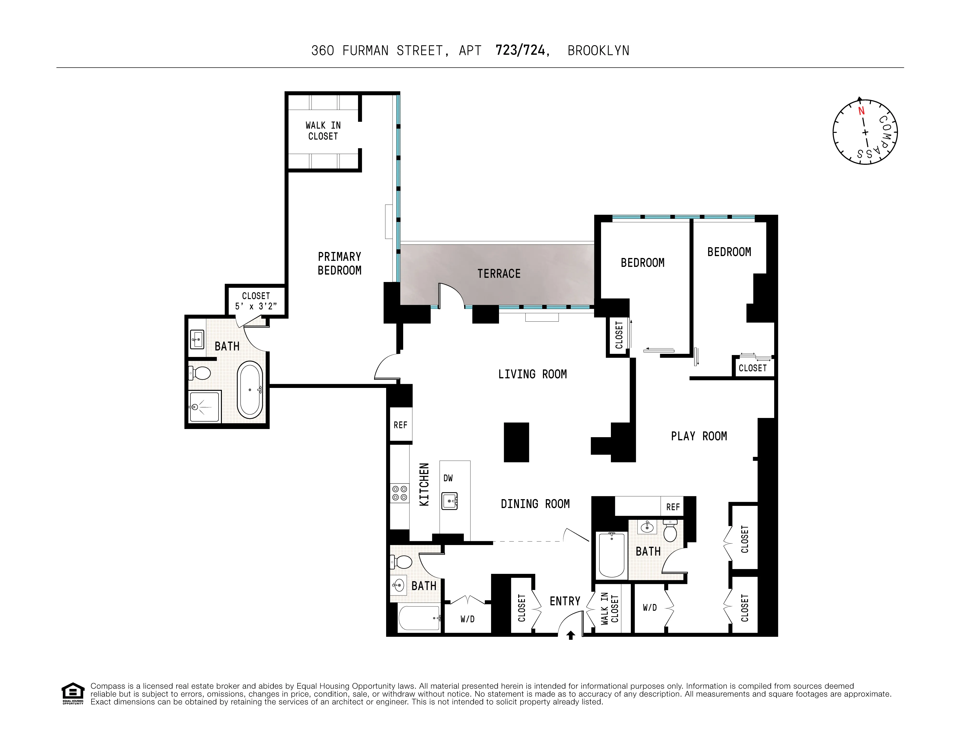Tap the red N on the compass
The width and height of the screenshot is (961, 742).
point(861,111)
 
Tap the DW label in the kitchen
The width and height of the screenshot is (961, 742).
point(448,478)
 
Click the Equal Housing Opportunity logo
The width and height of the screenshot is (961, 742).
point(73,693)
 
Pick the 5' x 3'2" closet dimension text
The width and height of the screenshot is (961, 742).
point(256,306)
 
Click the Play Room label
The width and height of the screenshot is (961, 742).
point(699,436)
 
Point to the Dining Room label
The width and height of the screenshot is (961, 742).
point(535,504)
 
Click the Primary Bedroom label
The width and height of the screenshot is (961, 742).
point(339,263)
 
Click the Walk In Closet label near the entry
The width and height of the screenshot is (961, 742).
point(609,609)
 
